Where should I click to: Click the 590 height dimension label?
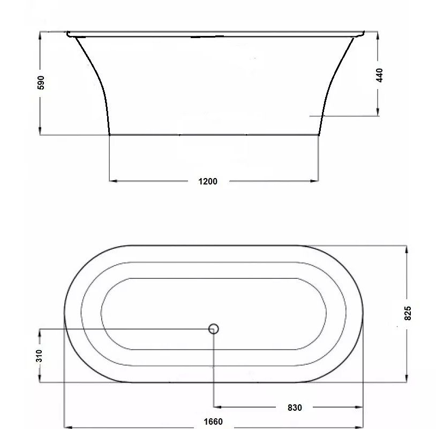[x=41, y=83]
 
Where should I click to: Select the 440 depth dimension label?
[x=379, y=75]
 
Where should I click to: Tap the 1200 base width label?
[x=208, y=181]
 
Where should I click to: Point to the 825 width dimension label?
[x=408, y=313]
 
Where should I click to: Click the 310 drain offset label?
[x=39, y=356]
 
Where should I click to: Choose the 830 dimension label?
[x=295, y=408]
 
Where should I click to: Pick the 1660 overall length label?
[x=213, y=422]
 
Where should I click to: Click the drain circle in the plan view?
[x=213, y=329]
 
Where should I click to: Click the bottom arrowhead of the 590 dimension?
[x=40, y=131]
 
